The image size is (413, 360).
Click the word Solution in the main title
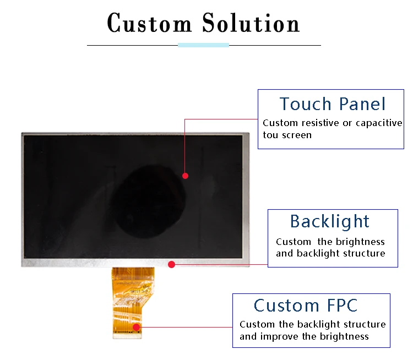point(251,24)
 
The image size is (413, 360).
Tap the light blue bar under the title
point(203,45)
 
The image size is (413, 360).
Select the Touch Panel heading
point(332,104)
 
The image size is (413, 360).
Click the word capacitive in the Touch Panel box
point(379,123)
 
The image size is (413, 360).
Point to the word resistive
point(319,123)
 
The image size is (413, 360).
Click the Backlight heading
point(330,221)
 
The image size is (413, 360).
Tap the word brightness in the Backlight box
point(361,242)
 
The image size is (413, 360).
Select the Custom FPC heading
point(306,306)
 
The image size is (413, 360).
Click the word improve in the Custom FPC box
point(278,336)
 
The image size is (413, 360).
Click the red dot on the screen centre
point(186,176)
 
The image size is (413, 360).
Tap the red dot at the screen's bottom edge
point(171,265)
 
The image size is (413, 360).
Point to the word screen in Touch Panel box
point(297,135)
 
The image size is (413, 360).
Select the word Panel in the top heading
point(362,104)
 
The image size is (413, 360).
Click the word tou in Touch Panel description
point(270,135)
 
